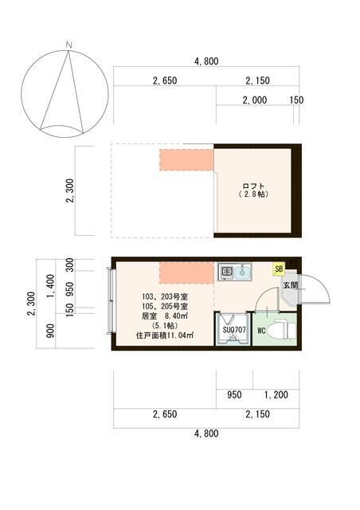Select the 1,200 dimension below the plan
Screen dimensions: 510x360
tap(275, 394)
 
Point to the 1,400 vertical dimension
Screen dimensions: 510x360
tap(49, 283)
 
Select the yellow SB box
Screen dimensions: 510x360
tap(279, 269)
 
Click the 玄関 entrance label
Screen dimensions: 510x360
tap(289, 285)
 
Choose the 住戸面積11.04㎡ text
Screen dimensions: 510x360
tap(165, 337)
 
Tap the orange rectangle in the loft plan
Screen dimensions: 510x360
tap(186, 159)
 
